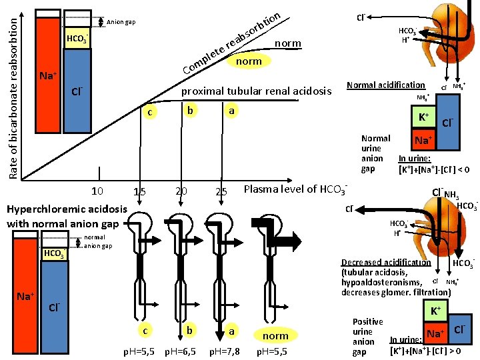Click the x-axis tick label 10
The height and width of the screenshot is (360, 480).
pos(97,192)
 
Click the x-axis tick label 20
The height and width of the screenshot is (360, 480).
pos(181,192)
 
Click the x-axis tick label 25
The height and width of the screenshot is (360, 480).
pos(222,192)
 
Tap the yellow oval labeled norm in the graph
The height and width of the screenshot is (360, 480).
pos(249,61)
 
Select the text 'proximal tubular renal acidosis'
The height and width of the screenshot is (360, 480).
pos(257,91)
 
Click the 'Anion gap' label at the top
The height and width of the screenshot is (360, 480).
pos(121,23)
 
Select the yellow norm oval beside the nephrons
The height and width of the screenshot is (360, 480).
pos(275,336)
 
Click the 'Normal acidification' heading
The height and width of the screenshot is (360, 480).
pos(386,85)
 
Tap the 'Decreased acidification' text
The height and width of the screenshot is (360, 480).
pos(386,263)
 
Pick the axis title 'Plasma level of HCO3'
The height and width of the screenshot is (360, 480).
pos(296,189)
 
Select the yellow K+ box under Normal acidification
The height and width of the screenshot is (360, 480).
pos(423,119)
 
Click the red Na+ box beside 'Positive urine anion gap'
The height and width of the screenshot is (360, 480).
pos(435,332)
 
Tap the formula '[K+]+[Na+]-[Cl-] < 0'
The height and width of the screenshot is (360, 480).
pos(434,170)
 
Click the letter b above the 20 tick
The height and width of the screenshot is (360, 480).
pos(190,110)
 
